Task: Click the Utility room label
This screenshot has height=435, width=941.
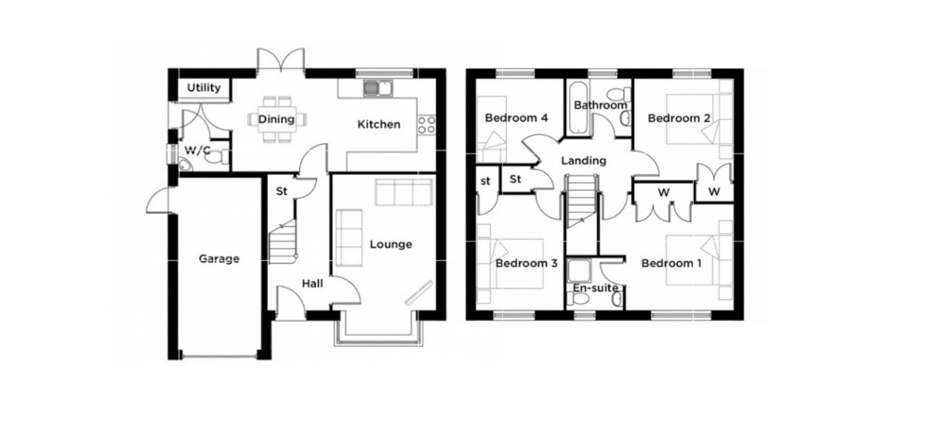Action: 204,87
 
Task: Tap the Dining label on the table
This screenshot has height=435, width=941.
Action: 276,119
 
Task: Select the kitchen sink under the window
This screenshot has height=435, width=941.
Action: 377,89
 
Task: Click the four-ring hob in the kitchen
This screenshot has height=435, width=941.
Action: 427,125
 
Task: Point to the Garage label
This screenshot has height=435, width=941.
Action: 219,258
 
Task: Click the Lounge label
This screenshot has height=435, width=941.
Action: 391,244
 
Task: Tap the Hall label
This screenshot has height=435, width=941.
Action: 312,283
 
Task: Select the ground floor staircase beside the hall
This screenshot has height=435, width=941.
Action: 283,241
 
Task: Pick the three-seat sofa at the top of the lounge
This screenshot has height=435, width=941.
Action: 404,192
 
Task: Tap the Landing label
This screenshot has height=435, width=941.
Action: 583,160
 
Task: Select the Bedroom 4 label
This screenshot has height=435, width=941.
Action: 516,118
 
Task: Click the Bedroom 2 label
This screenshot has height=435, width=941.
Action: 680,118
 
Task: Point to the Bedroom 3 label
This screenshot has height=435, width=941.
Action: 527,263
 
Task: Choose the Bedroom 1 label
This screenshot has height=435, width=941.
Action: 671,263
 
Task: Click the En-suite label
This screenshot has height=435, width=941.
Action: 595,288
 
